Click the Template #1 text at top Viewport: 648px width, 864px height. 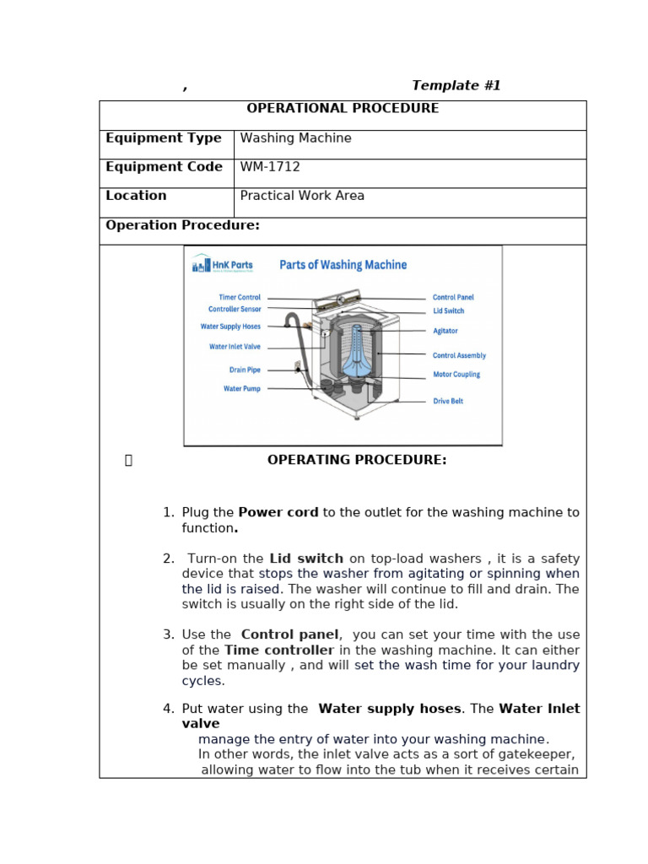(456, 86)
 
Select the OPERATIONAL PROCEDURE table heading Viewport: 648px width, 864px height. (343, 109)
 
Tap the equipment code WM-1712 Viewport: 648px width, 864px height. (270, 167)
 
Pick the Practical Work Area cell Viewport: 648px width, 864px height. (302, 196)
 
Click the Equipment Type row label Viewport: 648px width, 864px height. (164, 138)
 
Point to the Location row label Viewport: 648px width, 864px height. (136, 196)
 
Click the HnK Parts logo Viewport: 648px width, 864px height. (222, 265)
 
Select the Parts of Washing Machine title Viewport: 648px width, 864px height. (343, 265)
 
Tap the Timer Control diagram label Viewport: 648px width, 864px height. (240, 298)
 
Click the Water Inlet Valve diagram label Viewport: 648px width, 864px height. (235, 347)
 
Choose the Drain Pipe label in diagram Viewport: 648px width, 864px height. (245, 370)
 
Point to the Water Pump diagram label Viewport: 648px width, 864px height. (241, 389)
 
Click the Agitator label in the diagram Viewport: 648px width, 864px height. (445, 332)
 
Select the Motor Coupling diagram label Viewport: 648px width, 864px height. (456, 375)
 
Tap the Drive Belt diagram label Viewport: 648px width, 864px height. (448, 402)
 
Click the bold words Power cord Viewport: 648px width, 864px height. (278, 513)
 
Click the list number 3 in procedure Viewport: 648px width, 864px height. (168, 635)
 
